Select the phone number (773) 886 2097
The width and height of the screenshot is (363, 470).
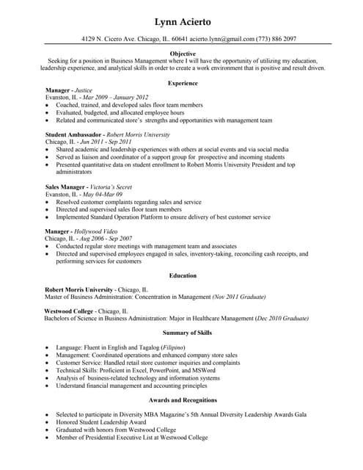[276, 39]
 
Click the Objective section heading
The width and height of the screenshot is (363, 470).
[183, 54]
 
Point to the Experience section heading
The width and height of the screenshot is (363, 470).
[183, 83]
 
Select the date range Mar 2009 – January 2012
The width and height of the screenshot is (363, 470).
[115, 98]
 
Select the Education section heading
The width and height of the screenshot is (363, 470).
[183, 276]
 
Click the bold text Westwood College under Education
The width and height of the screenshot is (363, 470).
[69, 311]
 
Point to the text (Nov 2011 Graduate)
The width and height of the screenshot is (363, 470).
[238, 297]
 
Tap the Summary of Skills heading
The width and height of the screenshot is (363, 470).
[183, 333]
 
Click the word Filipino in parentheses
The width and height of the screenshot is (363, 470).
[172, 347]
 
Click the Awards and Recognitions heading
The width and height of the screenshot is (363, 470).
[183, 400]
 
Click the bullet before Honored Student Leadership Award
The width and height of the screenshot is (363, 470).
[48, 422]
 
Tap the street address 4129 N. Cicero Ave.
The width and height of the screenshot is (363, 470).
[114, 39]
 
